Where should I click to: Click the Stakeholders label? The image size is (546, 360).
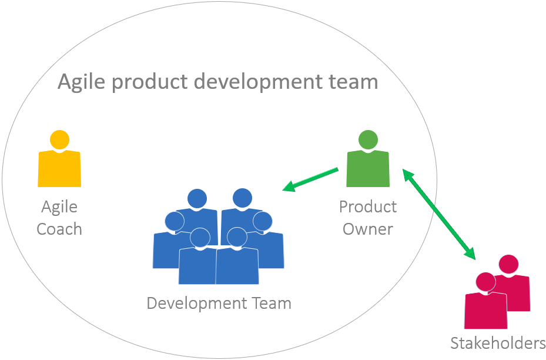(498, 343)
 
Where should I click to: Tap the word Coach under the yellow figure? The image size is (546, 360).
(59, 229)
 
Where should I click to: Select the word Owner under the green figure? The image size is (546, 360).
(368, 229)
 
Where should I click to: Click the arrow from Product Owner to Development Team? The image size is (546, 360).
(311, 180)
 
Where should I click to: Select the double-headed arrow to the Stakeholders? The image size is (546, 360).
(439, 215)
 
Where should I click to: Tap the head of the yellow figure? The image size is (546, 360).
(59, 140)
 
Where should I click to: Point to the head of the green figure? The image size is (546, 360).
(368, 140)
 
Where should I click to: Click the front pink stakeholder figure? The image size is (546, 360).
(485, 306)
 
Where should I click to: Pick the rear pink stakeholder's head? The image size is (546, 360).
(508, 264)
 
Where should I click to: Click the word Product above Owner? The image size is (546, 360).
(368, 207)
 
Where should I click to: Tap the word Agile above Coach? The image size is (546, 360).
(59, 207)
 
